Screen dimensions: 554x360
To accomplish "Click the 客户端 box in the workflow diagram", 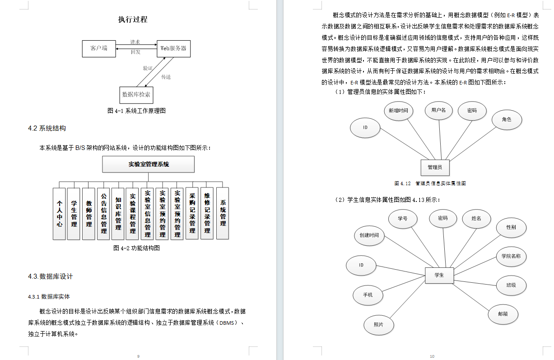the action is pos(99,48).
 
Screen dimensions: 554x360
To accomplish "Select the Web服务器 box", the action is pos(174,48).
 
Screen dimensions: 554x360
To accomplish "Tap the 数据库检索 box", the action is pos(136,94).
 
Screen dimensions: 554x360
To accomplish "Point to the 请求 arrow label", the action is pos(135,42).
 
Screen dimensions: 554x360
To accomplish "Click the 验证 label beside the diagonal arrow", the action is pos(148,68).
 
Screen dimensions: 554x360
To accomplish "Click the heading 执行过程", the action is pos(132,19).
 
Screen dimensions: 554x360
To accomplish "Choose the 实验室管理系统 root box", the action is pos(149,164).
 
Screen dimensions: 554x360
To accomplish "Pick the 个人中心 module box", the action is pos(59,213).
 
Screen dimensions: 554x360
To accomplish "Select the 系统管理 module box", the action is pos(223,213).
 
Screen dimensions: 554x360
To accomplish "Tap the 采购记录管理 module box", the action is pos(192,213).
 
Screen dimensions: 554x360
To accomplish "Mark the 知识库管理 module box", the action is pos(118,213).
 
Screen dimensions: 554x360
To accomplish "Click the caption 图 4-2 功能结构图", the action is pos(136,248).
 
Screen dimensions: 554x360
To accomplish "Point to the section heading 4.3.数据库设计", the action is pos(50,276).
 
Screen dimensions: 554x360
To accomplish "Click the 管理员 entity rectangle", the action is pos(435,167).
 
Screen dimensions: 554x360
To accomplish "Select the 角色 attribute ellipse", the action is pos(507,120).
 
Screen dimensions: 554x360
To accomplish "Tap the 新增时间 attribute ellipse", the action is pos(398,111).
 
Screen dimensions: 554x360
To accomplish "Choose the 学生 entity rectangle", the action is pos(439,275).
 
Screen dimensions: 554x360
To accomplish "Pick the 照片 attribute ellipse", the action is pos(378,325).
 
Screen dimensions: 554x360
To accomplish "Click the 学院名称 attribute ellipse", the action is pos(511,257).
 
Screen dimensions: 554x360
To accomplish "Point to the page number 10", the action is pos(432,356).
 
